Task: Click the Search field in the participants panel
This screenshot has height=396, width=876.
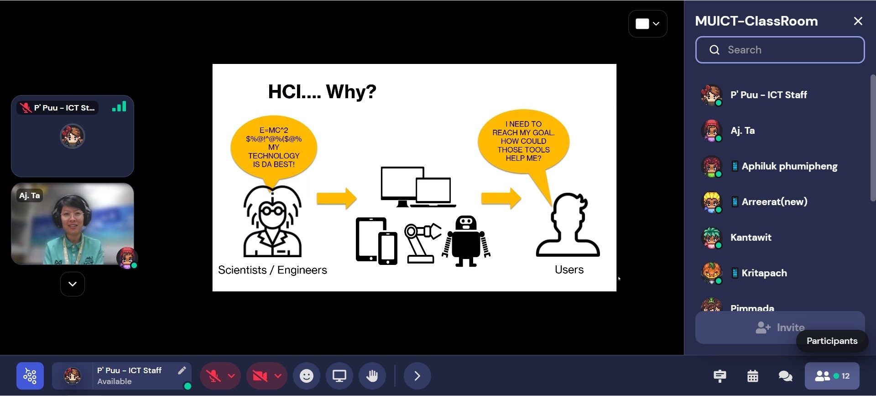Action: [x=780, y=50]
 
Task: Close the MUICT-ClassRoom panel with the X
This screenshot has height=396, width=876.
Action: [x=858, y=21]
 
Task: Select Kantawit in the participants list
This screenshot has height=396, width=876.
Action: [x=751, y=238]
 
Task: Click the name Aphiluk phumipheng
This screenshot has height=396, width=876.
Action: [x=789, y=166]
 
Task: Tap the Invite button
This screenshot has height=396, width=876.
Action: [x=780, y=327]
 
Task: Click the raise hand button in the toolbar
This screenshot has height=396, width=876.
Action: [x=372, y=376]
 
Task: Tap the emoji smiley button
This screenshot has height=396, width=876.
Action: [x=307, y=376]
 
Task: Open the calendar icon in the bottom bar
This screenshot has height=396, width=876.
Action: [x=753, y=376]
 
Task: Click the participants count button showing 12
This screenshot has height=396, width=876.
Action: [x=832, y=376]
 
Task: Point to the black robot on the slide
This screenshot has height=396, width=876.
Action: [x=466, y=241]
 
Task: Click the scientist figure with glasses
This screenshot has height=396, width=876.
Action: [x=272, y=221]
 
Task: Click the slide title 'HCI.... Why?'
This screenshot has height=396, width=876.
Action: [x=322, y=91]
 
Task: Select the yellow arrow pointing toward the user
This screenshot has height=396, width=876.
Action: [x=501, y=198]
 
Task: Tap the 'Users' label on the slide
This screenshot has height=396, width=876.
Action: [x=569, y=269]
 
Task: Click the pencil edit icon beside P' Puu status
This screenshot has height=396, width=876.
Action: [x=182, y=370]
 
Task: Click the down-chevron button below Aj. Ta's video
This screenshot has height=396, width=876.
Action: [x=73, y=284]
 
